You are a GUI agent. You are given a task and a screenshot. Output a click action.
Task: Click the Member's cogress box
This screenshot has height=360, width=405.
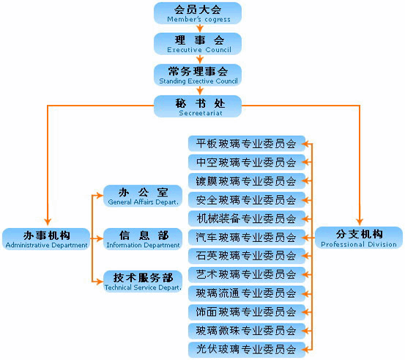(198, 13)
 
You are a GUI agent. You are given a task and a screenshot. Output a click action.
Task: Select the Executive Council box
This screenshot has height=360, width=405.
(198, 44)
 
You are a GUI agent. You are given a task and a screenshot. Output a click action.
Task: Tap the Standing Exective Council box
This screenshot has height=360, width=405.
(198, 75)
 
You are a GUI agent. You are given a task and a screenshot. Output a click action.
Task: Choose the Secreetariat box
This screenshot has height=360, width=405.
(198, 106)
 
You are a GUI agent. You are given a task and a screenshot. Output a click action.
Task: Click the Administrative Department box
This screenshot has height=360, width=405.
(46, 239)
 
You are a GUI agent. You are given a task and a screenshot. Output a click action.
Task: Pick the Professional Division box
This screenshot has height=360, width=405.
(359, 238)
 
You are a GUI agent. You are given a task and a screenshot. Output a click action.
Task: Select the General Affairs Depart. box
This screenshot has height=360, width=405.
(143, 196)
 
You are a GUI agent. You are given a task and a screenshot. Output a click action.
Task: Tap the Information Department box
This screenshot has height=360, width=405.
(143, 239)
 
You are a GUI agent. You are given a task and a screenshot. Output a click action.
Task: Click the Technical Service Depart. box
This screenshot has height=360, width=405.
(143, 282)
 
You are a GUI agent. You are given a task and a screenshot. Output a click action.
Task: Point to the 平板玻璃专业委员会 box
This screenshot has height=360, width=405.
(247, 144)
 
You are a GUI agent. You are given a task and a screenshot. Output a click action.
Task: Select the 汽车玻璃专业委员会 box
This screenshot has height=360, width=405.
(247, 238)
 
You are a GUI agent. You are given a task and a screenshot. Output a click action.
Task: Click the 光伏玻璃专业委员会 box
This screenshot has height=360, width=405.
(247, 350)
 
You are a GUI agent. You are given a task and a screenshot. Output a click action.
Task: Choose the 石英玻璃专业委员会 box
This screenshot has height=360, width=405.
(247, 256)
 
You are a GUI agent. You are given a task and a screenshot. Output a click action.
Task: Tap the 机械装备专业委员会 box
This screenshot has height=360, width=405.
(247, 218)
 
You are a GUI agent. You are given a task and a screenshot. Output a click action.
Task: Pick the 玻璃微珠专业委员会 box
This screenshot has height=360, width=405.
(247, 331)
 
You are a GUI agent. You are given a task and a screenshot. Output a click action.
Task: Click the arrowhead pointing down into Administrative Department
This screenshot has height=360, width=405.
(48, 222)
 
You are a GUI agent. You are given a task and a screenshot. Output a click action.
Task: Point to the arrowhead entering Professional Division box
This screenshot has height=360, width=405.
(360, 221)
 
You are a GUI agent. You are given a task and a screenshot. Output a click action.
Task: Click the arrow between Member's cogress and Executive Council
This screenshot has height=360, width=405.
(199, 28)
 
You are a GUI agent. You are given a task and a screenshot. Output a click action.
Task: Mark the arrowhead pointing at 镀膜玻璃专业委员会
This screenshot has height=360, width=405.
(307, 181)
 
